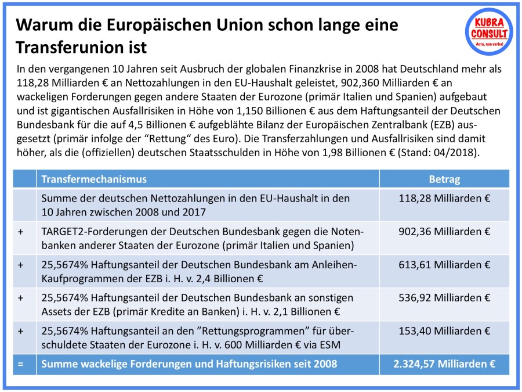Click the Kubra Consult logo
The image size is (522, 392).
(489, 31)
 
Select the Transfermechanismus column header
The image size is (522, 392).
(93, 179)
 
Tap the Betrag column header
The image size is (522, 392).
(444, 179)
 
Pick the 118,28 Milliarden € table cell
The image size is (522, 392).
(444, 199)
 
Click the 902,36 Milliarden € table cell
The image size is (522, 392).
(444, 232)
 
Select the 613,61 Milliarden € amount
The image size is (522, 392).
(444, 265)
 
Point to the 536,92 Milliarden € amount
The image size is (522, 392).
(444, 298)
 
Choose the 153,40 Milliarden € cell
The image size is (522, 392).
(444, 331)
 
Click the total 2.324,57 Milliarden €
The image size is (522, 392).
(444, 365)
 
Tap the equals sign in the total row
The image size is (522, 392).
(21, 365)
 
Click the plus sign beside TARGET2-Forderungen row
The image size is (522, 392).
(21, 232)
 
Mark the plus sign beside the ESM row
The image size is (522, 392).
(21, 331)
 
